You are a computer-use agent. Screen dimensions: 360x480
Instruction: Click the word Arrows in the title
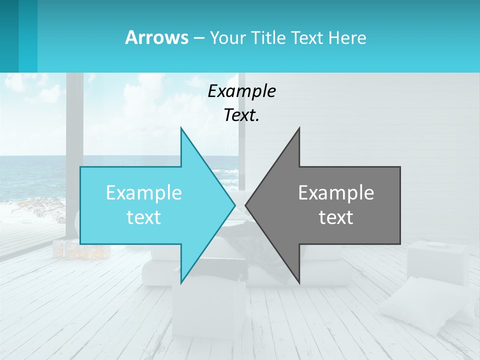[156, 37]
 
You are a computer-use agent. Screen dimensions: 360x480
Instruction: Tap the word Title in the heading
[268, 37]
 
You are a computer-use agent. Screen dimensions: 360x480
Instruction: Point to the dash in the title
[198, 38]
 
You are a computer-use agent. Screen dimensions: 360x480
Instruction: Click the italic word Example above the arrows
[242, 91]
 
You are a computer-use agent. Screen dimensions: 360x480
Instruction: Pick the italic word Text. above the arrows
[242, 115]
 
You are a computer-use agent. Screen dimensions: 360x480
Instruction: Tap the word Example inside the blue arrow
[144, 192]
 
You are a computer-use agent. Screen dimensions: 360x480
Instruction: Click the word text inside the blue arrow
[144, 217]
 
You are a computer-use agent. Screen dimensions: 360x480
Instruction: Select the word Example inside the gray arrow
[336, 192]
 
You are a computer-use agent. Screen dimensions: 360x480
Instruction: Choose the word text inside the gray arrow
[336, 217]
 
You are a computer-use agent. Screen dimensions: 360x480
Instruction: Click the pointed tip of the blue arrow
[234, 205]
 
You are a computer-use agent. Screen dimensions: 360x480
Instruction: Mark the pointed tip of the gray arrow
[245, 205]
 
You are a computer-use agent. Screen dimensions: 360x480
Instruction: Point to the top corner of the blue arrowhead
[181, 128]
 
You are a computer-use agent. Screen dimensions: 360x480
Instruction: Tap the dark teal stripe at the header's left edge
[9, 36]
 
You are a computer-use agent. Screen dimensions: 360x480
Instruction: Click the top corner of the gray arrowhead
[299, 128]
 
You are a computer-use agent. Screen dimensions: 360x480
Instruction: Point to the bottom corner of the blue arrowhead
[181, 282]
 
